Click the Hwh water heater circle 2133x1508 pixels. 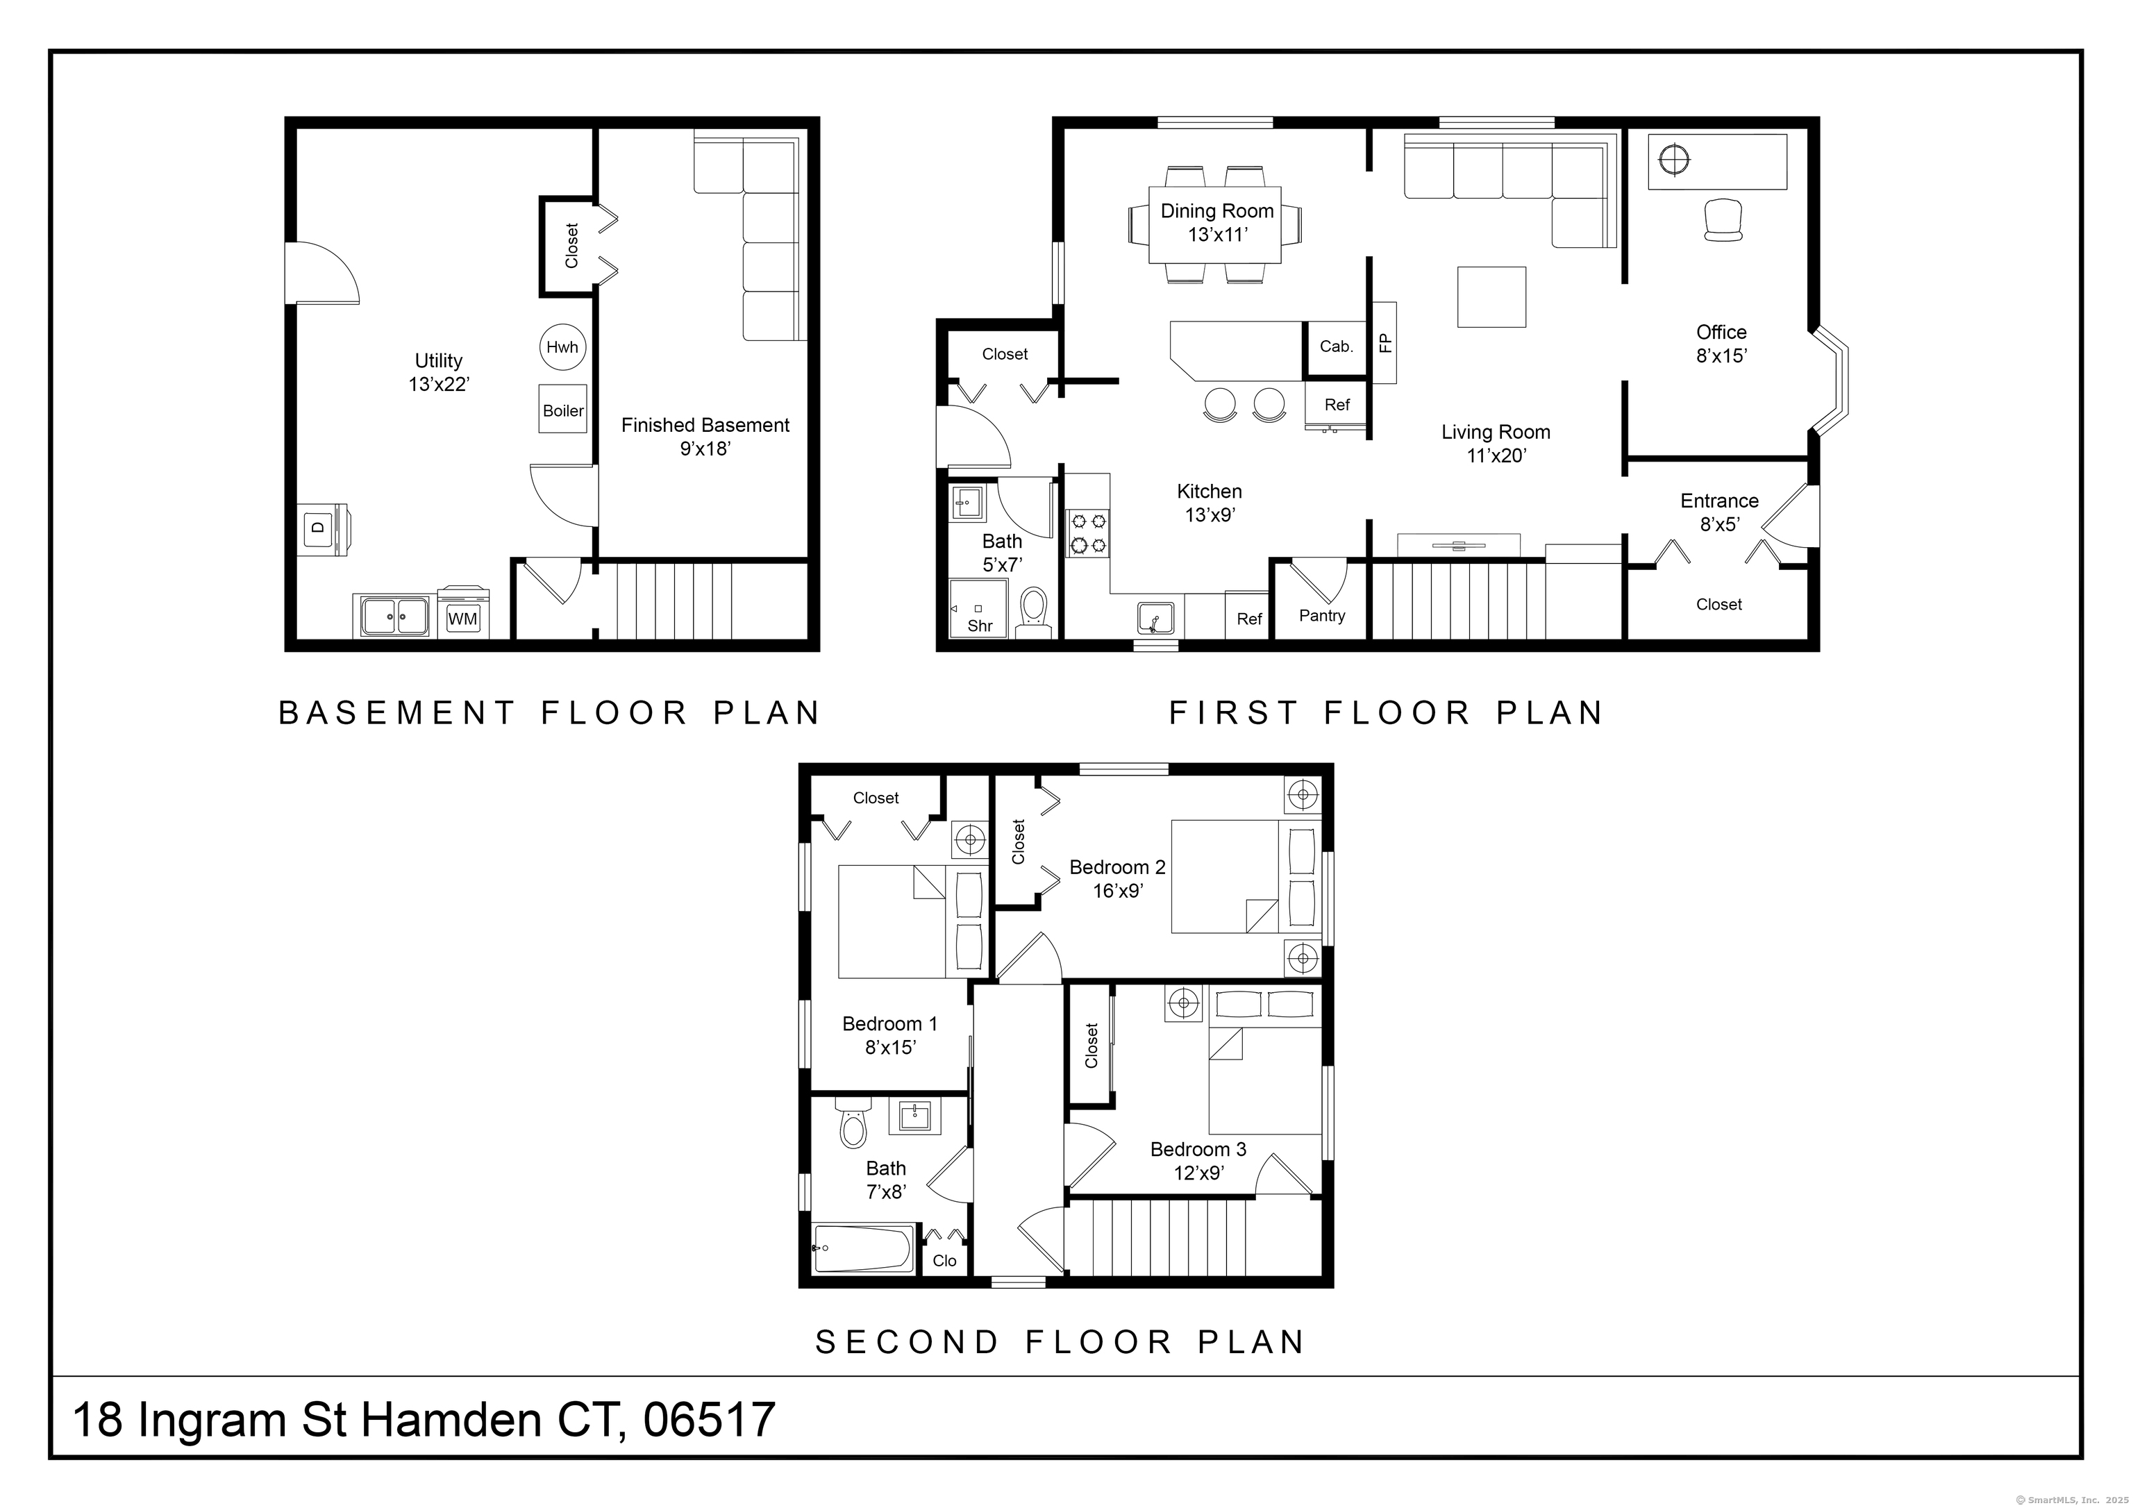click(562, 348)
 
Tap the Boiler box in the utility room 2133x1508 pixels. click(563, 410)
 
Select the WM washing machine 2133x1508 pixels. click(462, 617)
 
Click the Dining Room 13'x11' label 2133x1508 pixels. click(1217, 222)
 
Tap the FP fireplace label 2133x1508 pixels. click(1385, 343)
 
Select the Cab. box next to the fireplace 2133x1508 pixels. click(1336, 346)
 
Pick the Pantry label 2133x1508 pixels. click(1321, 615)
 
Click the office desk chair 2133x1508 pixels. click(1723, 221)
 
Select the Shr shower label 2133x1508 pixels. click(979, 626)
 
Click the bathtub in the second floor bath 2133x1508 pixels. click(862, 1249)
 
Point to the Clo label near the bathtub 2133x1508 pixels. click(944, 1261)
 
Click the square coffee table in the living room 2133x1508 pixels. click(1491, 296)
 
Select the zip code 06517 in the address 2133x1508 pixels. click(709, 1420)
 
